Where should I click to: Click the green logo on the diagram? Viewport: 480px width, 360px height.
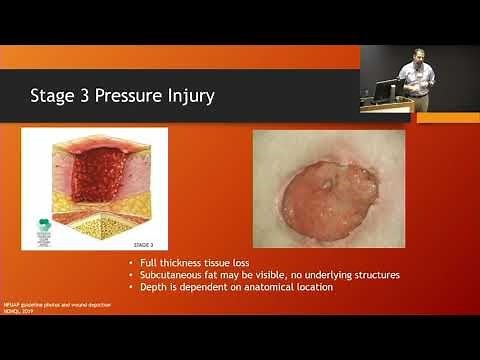(44, 225)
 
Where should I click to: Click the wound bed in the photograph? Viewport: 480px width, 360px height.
(329, 199)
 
